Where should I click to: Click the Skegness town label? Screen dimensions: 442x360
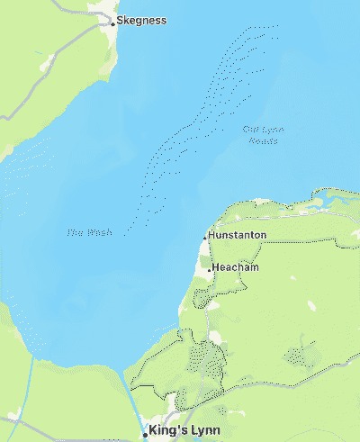(142, 20)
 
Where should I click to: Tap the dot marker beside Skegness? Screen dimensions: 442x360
(112, 23)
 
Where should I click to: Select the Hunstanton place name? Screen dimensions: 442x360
(237, 235)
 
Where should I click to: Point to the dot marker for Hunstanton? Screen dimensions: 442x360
(204, 237)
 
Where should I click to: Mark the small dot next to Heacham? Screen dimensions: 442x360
(210, 269)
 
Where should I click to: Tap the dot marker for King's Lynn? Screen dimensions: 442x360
(145, 434)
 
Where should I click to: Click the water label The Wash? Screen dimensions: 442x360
(90, 232)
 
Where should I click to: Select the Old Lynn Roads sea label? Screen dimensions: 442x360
(264, 133)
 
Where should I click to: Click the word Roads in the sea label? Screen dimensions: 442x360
(263, 140)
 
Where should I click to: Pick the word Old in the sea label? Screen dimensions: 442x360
(251, 129)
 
